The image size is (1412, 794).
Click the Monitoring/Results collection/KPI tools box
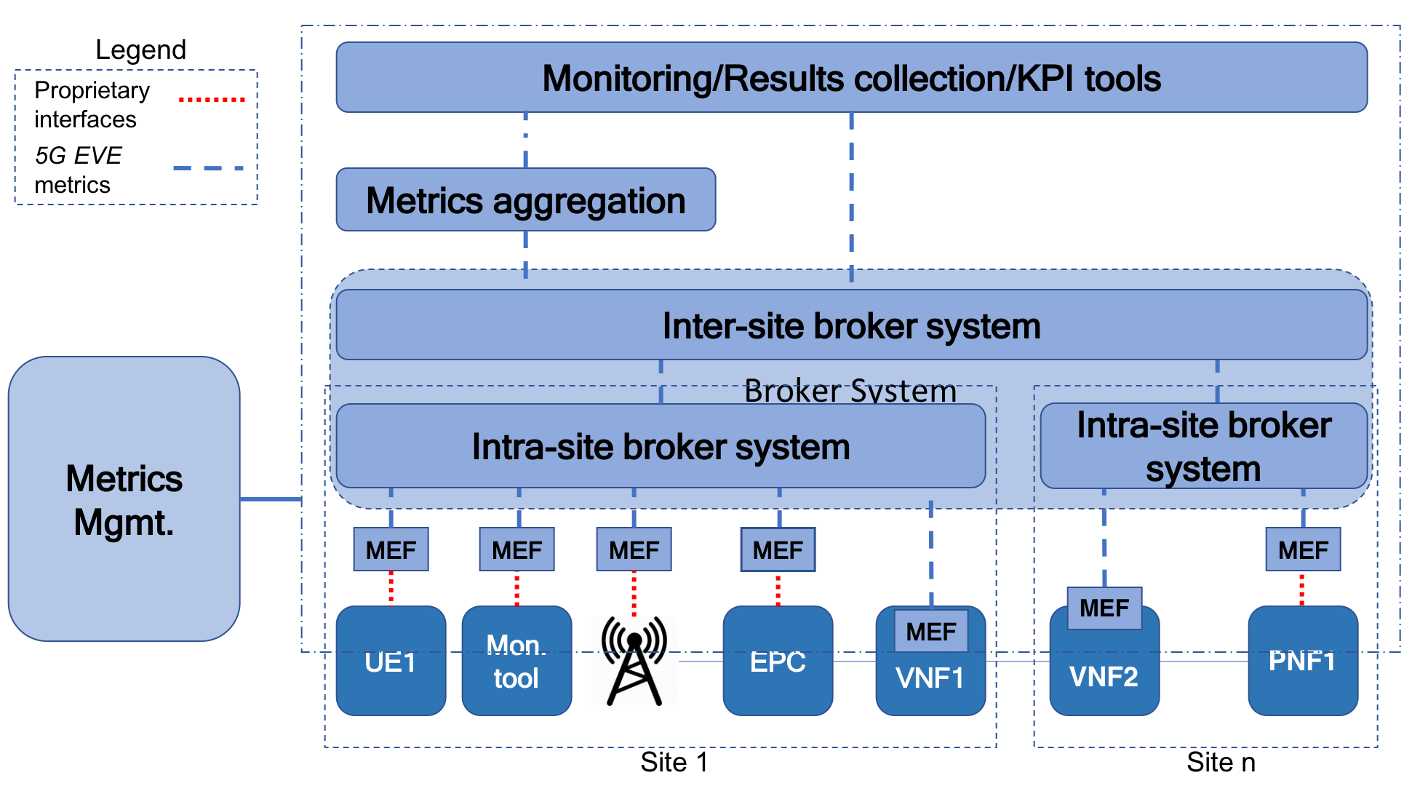click(851, 77)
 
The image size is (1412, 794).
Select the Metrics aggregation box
click(525, 200)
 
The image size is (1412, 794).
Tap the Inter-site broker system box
click(851, 325)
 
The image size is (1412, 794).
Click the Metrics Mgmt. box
click(124, 499)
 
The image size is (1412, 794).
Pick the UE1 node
click(391, 661)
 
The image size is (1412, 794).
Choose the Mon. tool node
click(516, 661)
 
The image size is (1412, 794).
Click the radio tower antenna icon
click(634, 661)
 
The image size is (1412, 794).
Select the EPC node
click(778, 661)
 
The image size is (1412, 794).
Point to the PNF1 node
click(1302, 661)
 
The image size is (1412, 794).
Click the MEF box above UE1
click(391, 549)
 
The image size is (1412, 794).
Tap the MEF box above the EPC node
click(778, 549)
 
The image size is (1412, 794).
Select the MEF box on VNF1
click(931, 631)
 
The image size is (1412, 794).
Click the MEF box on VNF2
click(1104, 608)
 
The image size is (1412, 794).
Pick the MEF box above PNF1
click(1303, 549)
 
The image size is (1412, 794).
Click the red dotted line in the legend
click(212, 99)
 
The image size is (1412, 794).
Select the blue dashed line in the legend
click(209, 169)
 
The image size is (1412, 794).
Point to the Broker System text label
click(850, 391)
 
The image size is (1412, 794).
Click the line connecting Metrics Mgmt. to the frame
click(271, 499)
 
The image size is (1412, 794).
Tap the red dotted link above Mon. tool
click(517, 589)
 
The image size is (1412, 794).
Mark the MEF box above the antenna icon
click(634, 549)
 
